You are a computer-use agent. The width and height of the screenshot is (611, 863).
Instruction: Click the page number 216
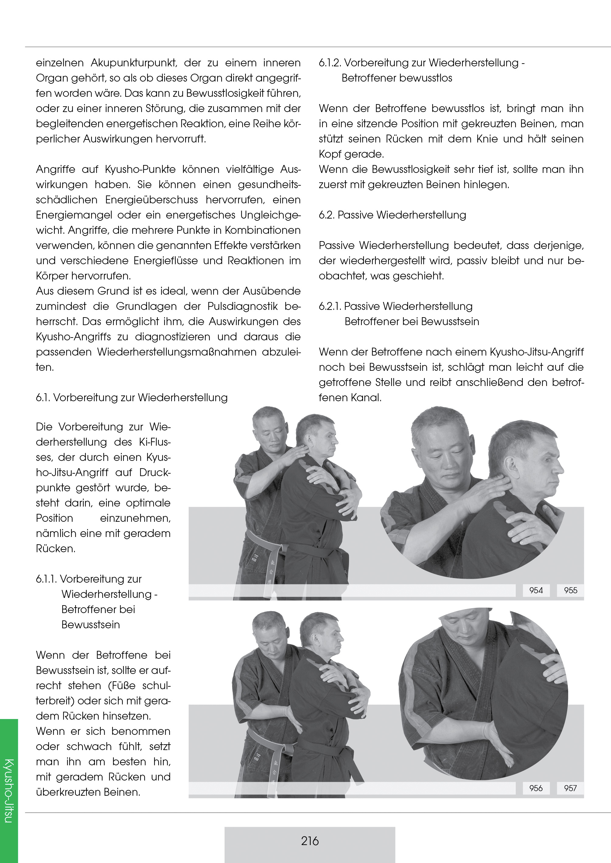point(310,840)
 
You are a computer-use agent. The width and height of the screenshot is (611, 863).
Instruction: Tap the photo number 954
point(536,590)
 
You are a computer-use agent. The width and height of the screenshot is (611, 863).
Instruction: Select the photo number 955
point(570,590)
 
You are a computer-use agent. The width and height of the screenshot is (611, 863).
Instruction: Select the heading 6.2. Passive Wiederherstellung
point(393,215)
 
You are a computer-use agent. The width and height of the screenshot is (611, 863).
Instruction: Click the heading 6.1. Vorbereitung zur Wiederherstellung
point(132,398)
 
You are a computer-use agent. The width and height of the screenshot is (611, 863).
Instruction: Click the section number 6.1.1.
point(46,579)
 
